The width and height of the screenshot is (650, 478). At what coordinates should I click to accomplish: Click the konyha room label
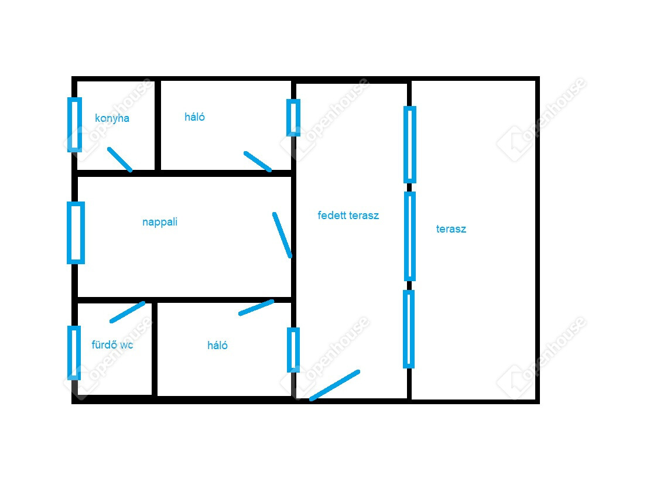112,118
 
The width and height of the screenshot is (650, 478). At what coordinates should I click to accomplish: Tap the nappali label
160,222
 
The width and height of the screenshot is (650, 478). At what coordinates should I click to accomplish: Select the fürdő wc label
112,344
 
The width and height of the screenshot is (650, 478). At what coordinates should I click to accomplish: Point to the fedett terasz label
348,215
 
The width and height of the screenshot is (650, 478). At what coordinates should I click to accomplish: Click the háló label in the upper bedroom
194,117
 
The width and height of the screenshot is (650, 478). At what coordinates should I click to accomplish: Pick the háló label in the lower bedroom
217,345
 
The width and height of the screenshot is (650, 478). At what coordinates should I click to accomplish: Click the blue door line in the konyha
120,159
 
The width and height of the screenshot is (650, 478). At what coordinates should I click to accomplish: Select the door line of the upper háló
258,161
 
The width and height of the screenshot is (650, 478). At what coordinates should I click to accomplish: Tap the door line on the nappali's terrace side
282,235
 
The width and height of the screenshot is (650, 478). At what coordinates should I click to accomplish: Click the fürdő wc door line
127,312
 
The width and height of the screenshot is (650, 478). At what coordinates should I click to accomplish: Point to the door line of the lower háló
256,308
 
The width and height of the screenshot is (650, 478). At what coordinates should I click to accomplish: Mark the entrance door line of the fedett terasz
334,385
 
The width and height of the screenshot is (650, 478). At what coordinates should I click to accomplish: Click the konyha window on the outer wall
74,124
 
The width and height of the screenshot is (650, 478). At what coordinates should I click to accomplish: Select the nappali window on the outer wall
76,233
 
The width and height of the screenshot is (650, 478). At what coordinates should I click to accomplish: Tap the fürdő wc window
74,353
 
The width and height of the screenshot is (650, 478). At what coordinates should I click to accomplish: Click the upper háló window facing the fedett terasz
293,117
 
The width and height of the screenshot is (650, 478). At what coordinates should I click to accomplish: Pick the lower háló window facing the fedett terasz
293,350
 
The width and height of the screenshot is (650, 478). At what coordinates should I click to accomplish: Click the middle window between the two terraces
409,236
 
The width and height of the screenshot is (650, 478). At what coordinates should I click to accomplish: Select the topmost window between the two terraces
409,144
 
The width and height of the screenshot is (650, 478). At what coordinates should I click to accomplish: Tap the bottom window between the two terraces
409,329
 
